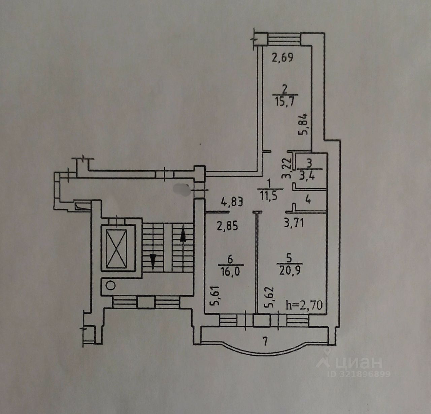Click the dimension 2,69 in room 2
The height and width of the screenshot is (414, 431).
pos(283,58)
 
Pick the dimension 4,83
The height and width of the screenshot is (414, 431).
pos(232,203)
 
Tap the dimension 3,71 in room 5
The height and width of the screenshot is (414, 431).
pos(294,223)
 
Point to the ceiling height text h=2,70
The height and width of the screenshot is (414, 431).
pos(304,305)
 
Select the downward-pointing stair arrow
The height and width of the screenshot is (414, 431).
pos(153,261)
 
